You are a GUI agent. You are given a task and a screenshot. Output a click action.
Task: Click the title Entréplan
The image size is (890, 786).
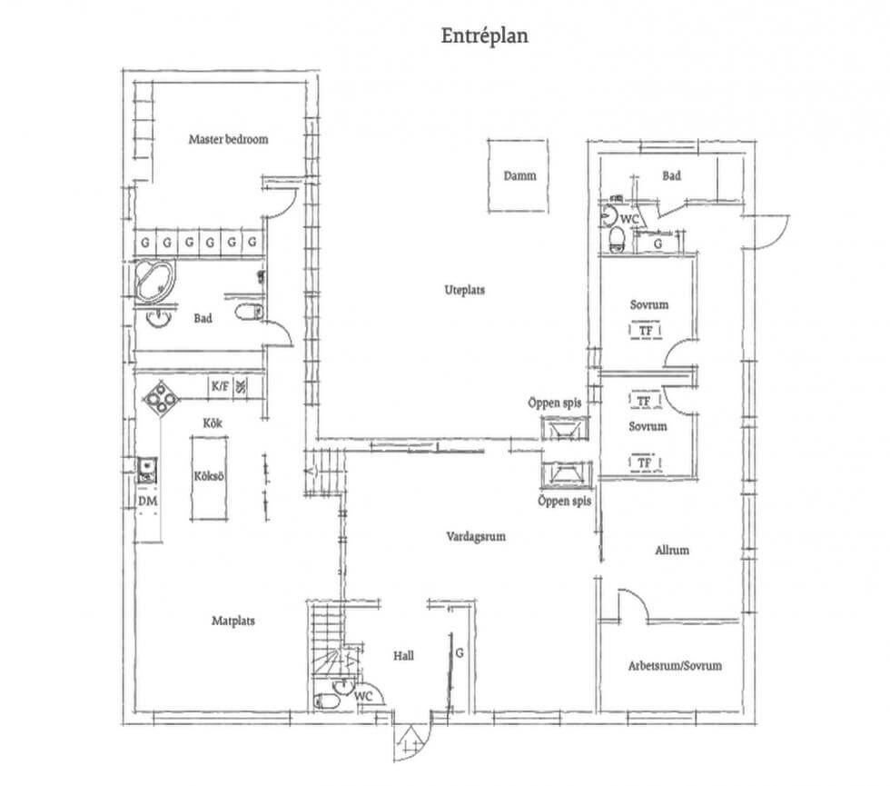tap(485, 35)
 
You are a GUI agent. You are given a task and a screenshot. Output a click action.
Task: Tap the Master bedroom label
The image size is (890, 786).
tap(228, 139)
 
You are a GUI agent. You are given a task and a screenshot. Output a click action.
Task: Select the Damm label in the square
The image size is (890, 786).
tap(519, 175)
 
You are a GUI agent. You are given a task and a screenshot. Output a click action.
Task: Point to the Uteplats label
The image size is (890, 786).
tap(464, 290)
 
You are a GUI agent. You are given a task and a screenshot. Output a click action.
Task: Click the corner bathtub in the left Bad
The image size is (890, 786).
tap(155, 281)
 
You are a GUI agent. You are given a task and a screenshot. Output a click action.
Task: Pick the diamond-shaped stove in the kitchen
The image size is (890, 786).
tap(161, 398)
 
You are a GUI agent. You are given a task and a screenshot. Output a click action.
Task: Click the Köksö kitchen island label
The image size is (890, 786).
tap(209, 476)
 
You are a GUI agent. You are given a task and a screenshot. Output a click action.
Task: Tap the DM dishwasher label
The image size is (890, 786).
tap(147, 502)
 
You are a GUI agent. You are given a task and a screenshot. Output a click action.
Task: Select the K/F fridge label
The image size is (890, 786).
tap(220, 387)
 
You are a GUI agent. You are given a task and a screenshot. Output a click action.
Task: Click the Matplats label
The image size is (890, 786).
tap(233, 621)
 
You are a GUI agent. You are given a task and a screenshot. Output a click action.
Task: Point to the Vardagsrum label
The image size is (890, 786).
tap(476, 536)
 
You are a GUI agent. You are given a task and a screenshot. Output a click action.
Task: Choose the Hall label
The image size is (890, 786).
tap(403, 656)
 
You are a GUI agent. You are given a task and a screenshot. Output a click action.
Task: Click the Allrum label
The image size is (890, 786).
tap(672, 550)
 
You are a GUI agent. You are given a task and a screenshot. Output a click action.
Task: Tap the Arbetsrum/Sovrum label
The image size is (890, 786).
tap(675, 665)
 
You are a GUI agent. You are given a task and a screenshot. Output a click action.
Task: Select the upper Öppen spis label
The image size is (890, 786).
tap(555, 403)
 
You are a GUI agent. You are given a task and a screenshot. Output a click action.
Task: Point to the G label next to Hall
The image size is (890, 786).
tap(460, 653)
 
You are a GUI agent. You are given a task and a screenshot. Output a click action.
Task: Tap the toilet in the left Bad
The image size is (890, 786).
tap(249, 312)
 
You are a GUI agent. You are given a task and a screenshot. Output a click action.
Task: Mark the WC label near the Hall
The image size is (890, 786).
tap(363, 696)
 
